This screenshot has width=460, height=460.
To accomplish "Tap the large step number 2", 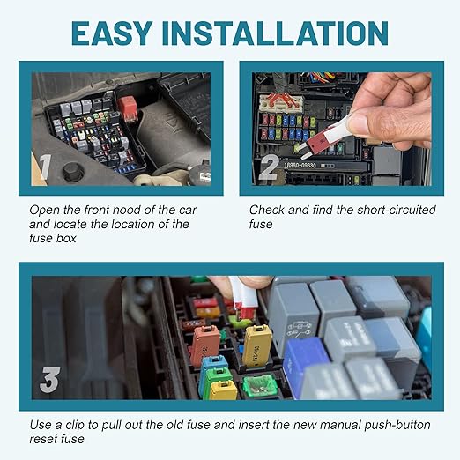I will coord(269,166).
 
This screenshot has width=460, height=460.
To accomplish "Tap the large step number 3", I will coord(50,382).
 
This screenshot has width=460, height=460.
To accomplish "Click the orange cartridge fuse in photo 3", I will coord(205,344).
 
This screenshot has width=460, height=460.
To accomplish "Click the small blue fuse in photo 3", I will coord(212,364).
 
